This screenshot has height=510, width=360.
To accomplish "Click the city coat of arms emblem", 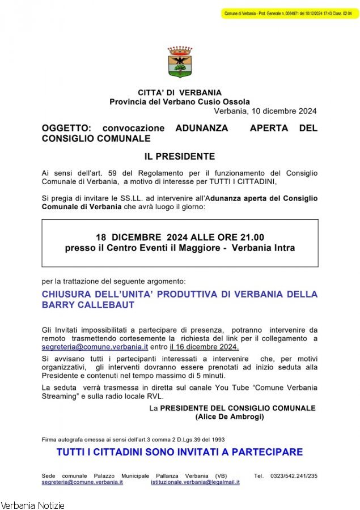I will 180,62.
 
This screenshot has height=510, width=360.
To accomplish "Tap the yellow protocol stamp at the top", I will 290,13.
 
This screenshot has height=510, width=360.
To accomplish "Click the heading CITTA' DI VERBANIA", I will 180,92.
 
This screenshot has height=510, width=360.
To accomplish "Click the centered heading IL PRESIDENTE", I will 180,156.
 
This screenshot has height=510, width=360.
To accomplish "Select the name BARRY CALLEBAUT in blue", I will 88,305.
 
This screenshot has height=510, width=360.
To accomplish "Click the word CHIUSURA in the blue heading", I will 67,294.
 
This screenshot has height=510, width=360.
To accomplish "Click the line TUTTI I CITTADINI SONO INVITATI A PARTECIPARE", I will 180,452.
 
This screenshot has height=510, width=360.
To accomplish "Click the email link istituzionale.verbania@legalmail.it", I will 195,482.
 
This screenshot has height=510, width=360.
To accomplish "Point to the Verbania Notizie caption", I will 33,505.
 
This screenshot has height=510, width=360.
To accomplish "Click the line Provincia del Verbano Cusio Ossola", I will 180,101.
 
